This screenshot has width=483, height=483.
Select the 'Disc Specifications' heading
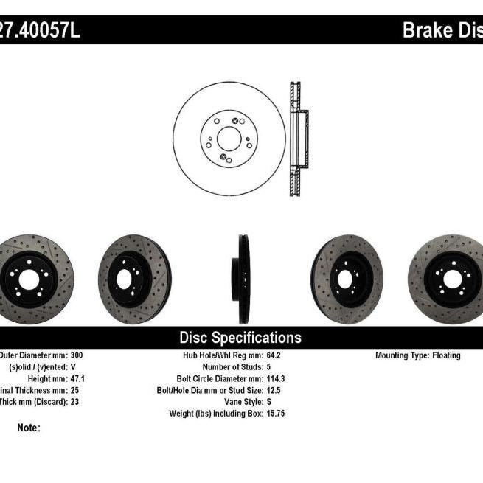[240, 338]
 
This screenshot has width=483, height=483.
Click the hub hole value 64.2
[275, 355]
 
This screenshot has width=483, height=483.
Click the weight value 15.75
[277, 414]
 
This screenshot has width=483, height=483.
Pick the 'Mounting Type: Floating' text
[418, 355]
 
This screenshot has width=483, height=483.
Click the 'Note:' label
[28, 428]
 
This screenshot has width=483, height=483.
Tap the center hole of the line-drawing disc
[229, 138]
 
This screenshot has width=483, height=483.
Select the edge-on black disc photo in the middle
[243, 279]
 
